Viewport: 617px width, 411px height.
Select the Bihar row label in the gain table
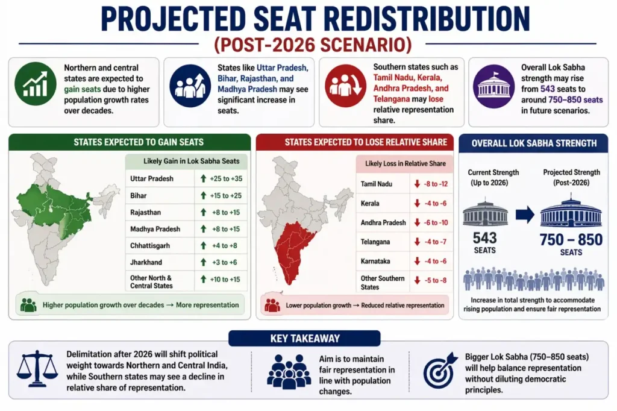(139, 196)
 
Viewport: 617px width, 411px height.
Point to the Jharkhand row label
(146, 263)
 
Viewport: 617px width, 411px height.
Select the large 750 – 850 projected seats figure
(571, 239)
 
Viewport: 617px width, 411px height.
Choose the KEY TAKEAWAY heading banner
(305, 339)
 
